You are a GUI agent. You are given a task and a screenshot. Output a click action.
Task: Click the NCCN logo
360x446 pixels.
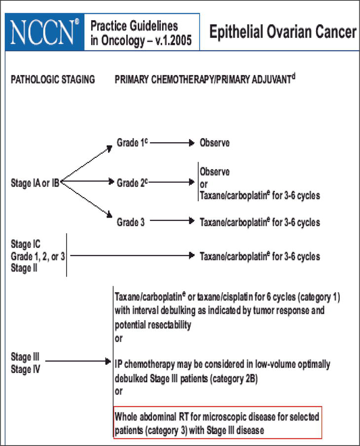tap(43, 32)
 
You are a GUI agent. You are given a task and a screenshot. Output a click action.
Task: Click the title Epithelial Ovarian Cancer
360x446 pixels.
tap(283, 33)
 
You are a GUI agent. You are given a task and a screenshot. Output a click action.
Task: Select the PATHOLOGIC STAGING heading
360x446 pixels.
tap(53, 79)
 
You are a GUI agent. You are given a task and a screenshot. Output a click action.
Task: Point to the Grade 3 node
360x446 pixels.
tap(131, 223)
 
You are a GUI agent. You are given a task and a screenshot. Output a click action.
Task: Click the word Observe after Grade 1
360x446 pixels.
tap(215, 143)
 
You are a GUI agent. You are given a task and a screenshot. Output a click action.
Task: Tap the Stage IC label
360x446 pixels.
tap(26, 244)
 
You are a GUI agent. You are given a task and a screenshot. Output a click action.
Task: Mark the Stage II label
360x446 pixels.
tap(24, 269)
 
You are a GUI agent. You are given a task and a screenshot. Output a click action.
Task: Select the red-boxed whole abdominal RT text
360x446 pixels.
tap(217, 423)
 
